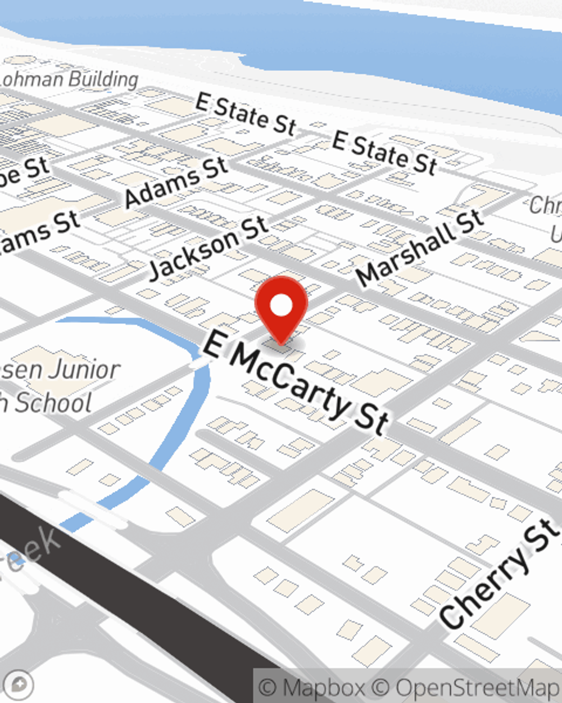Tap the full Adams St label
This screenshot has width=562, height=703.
pyautogui.click(x=176, y=181)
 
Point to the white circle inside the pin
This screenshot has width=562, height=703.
pyautogui.click(x=281, y=306)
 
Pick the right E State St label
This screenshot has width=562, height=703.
pyautogui.click(x=384, y=152)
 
